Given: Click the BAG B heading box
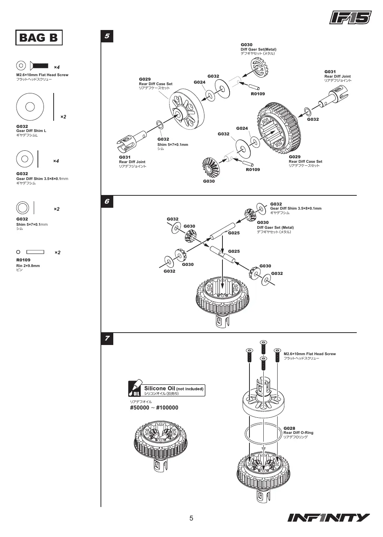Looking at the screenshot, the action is pyautogui.click(x=39, y=37).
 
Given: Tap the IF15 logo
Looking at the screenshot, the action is pyautogui.click(x=350, y=18).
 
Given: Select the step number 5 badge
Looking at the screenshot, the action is pyautogui.click(x=107, y=36).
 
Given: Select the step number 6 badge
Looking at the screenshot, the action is pyautogui.click(x=107, y=201).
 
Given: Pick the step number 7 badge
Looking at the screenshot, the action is pyautogui.click(x=107, y=339).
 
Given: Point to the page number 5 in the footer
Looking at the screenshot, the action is pyautogui.click(x=191, y=518).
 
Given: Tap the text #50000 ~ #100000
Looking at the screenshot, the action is pyautogui.click(x=154, y=408).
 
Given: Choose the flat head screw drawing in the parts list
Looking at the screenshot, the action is pyautogui.click(x=39, y=66).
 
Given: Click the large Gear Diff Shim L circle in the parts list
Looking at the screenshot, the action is pyautogui.click(x=30, y=106).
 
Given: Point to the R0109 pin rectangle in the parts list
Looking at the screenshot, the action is pyautogui.click(x=35, y=252).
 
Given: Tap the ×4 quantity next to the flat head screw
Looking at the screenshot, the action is pyautogui.click(x=57, y=67).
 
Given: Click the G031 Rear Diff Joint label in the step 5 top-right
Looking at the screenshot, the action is pyautogui.click(x=338, y=76).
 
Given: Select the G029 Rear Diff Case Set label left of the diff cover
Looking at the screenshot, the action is pyautogui.click(x=155, y=83).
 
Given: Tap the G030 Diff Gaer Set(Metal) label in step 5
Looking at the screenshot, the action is pyautogui.click(x=258, y=49).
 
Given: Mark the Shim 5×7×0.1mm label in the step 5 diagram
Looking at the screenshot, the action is pyautogui.click(x=173, y=144).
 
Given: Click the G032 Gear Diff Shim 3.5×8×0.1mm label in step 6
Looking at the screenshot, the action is pyautogui.click(x=296, y=208).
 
